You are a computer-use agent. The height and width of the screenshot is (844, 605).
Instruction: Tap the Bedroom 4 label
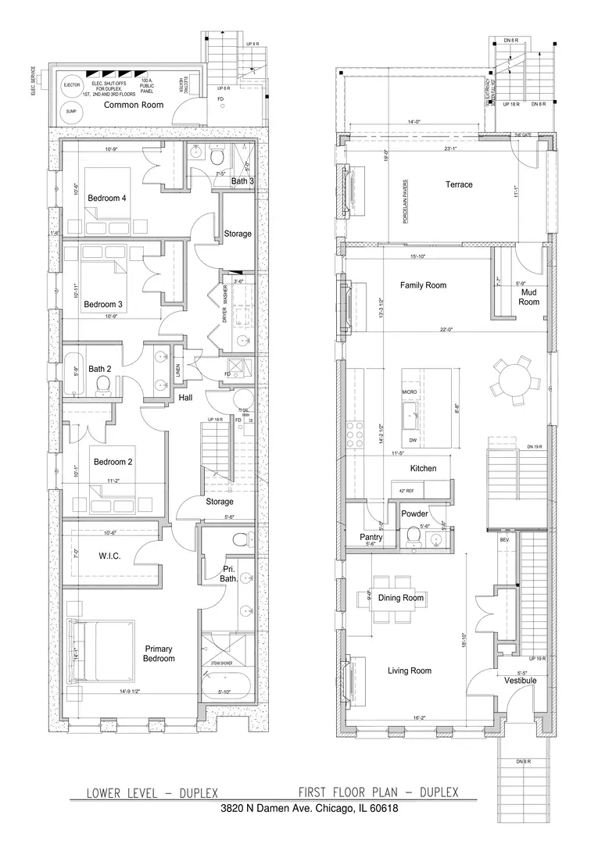pyautogui.click(x=107, y=198)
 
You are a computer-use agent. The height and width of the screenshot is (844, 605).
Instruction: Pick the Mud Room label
pyautogui.click(x=529, y=297)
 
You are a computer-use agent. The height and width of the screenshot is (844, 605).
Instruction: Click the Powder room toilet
pyautogui.click(x=412, y=535)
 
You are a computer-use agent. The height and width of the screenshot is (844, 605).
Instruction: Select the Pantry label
pyautogui.click(x=370, y=538)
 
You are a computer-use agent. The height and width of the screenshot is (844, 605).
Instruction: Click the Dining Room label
pyautogui.click(x=401, y=598)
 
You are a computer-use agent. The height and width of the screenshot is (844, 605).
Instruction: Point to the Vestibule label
pyautogui.click(x=520, y=681)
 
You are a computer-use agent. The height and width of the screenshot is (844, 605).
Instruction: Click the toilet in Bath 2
pyautogui.click(x=102, y=383)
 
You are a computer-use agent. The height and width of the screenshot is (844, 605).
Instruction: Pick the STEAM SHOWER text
pyautogui.click(x=222, y=663)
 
